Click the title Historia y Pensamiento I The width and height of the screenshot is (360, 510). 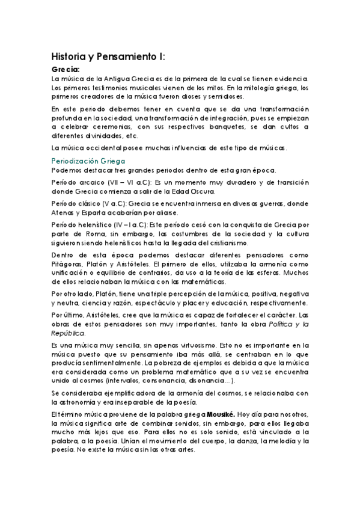click(108, 58)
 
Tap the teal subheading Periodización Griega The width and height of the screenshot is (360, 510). click(88, 161)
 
